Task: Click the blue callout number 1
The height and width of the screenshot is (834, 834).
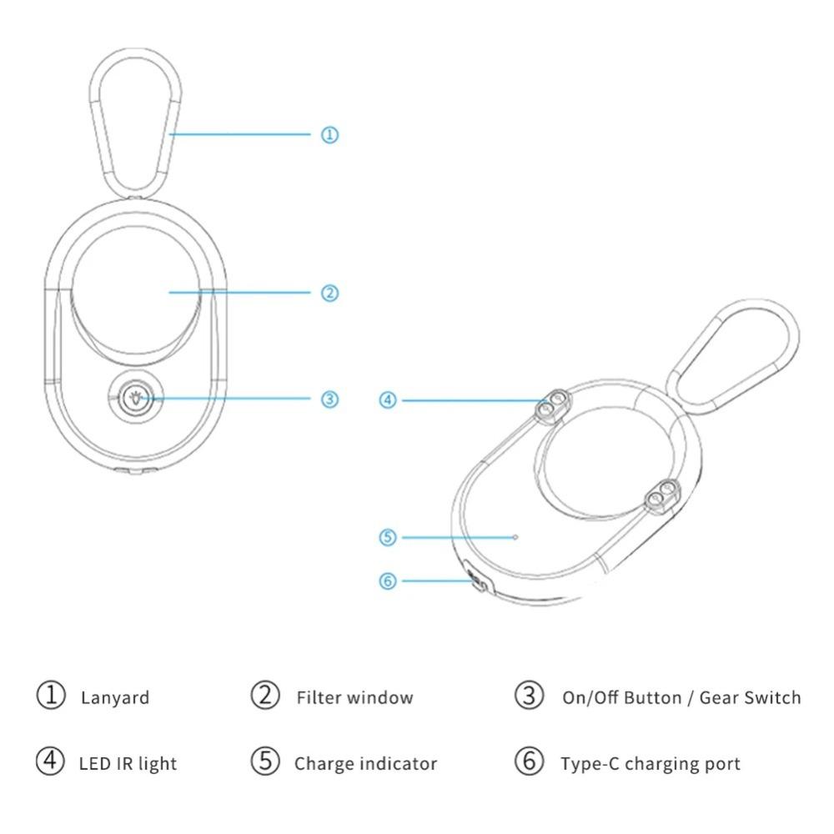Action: pos(329,134)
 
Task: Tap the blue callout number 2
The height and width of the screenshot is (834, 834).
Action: pos(329,293)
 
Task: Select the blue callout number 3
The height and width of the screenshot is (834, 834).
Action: pos(329,399)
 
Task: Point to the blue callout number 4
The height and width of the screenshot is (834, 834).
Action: pos(388,400)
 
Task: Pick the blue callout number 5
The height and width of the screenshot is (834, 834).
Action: pos(388,537)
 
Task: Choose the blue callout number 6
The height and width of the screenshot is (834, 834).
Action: pos(388,580)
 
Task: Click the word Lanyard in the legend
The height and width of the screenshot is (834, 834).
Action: pos(115,698)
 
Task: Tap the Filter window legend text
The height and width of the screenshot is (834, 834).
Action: pos(354,697)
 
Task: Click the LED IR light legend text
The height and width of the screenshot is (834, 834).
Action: pos(128,764)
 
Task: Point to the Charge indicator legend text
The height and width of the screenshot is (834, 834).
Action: pos(365,764)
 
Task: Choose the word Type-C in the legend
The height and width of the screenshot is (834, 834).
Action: pos(590,764)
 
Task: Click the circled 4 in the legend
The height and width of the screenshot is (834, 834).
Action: pos(51,761)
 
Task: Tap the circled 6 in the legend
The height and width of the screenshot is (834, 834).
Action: pos(530,761)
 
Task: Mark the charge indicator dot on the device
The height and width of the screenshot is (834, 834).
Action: pos(515,537)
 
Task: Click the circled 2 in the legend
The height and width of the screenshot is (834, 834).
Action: pos(265,696)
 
